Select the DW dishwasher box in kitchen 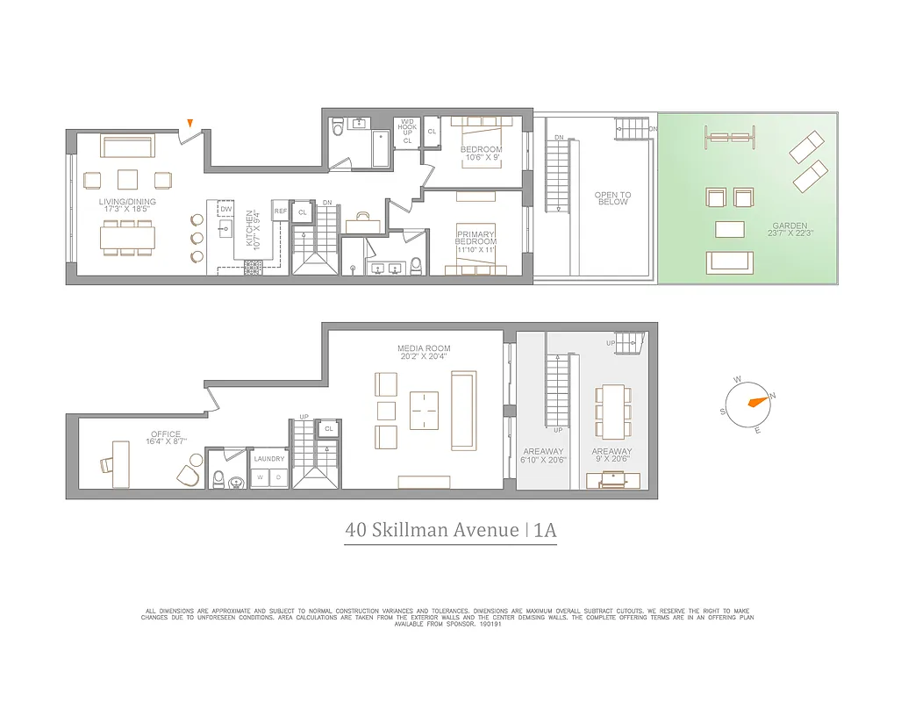pyautogui.click(x=225, y=209)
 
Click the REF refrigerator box pyautogui.click(x=281, y=212)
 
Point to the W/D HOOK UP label pyautogui.click(x=407, y=131)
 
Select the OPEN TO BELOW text pyautogui.click(x=611, y=198)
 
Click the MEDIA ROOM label pyautogui.click(x=424, y=353)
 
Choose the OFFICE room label pyautogui.click(x=165, y=438)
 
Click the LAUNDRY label pyautogui.click(x=268, y=459)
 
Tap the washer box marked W pyautogui.click(x=259, y=477)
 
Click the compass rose pyautogui.click(x=752, y=403)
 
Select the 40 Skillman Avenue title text pyautogui.click(x=432, y=530)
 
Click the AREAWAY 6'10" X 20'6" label pyautogui.click(x=545, y=455)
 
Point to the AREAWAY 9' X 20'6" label pyautogui.click(x=611, y=455)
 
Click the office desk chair pyautogui.click(x=189, y=475)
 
